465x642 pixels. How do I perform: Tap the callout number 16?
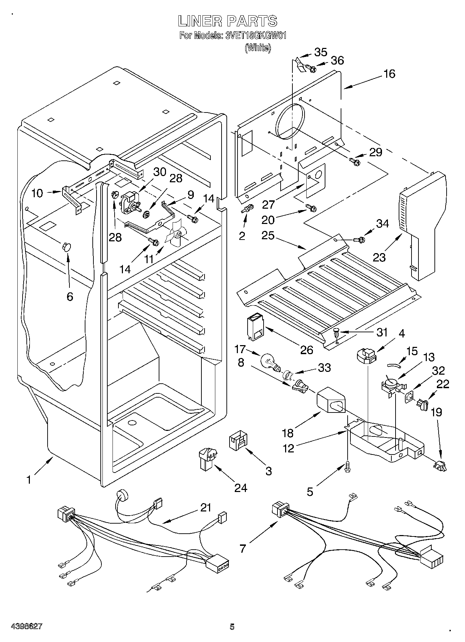[390, 74]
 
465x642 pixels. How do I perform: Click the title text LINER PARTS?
[228, 21]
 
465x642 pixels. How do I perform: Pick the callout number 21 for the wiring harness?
[206, 508]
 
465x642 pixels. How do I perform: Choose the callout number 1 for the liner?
[29, 480]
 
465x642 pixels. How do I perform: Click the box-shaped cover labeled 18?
[331, 402]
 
